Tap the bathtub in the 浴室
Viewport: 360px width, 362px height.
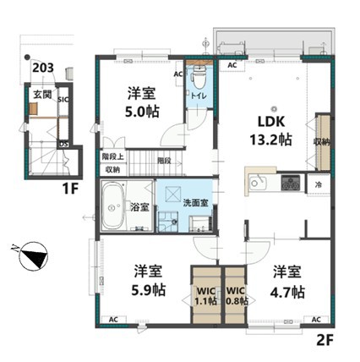pyautogui.click(x=112, y=206)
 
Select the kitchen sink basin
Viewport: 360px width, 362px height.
pyautogui.click(x=257, y=183)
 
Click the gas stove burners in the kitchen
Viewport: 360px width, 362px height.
pyautogui.click(x=291, y=182)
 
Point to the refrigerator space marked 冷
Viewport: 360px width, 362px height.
pyautogui.click(x=319, y=185)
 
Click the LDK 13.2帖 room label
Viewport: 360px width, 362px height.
pyautogui.click(x=271, y=130)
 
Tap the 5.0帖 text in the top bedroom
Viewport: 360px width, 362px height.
pyautogui.click(x=142, y=112)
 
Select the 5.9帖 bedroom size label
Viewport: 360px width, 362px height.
pyautogui.click(x=149, y=289)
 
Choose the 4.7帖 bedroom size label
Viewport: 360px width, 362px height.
pyautogui.click(x=287, y=292)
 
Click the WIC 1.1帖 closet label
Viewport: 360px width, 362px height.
pyautogui.click(x=206, y=296)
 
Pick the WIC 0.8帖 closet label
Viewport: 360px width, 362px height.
pyautogui.click(x=237, y=296)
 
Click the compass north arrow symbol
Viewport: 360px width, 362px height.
pyautogui.click(x=34, y=256)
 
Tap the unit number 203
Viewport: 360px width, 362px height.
pyautogui.click(x=43, y=68)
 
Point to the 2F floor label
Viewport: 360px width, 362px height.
pyautogui.click(x=325, y=341)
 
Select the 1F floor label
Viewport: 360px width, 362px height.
pyautogui.click(x=70, y=189)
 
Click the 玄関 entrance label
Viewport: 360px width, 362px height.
pyautogui.click(x=43, y=95)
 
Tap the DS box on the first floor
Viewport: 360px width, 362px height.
pyautogui.click(x=64, y=144)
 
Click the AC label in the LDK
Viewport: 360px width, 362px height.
pyautogui.click(x=232, y=65)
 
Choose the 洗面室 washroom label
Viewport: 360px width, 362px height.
pyautogui.click(x=195, y=202)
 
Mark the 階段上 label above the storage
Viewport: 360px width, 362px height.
pyautogui.click(x=113, y=156)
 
